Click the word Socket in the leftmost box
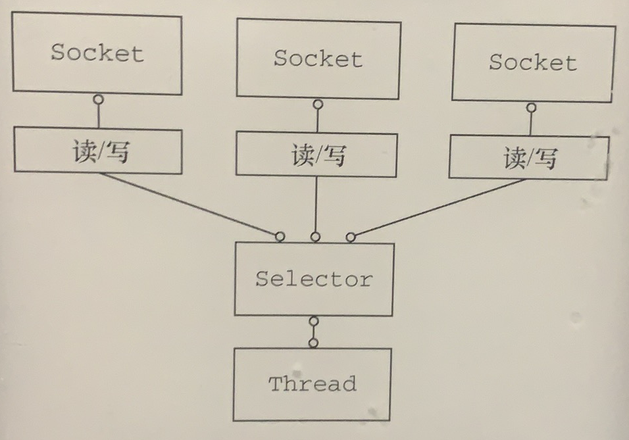coord(97,53)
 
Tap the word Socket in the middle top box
coord(318,59)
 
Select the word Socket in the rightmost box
coord(532,62)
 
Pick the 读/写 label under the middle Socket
coord(318,156)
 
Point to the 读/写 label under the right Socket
coord(530,158)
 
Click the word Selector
coord(314,279)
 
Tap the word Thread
coord(312,383)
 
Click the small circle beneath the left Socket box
coord(99,99)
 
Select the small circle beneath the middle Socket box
coord(318,104)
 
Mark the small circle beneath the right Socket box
coord(531,107)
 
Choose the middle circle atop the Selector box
coord(316,237)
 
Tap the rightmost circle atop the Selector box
coord(351,237)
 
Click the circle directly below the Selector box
coord(314,322)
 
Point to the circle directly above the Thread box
coord(314,343)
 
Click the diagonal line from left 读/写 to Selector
coord(191,205)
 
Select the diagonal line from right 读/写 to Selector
coord(438,207)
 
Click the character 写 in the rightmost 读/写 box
coord(545,159)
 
